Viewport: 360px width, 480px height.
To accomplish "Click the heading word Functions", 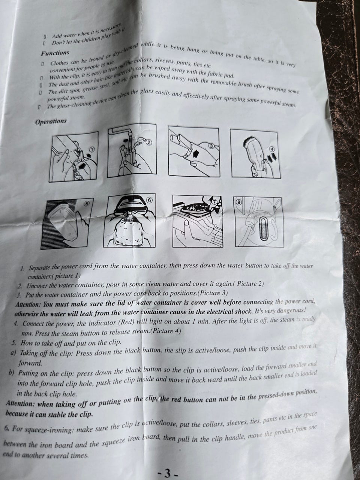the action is (55, 53).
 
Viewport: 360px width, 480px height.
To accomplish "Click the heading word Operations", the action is (51, 121).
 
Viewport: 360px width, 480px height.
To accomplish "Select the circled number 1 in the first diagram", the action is (92, 150).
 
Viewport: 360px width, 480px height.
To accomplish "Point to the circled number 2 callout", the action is (149, 142).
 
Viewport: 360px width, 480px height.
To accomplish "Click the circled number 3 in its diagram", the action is (211, 146).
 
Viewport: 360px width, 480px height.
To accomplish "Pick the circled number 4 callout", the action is (272, 149).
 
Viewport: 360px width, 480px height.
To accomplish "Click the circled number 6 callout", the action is (149, 200).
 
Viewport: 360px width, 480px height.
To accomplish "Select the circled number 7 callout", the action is (214, 202).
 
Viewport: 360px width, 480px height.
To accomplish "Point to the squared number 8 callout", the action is (239, 202).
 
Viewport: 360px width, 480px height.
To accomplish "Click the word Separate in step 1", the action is (39, 268).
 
